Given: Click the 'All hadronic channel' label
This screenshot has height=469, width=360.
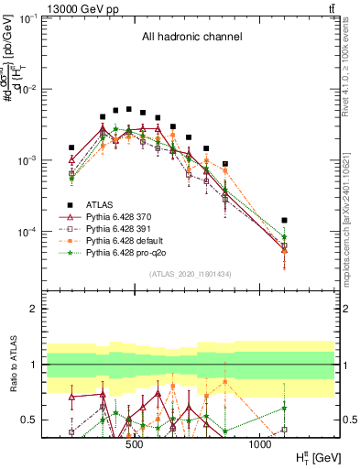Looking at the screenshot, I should point(191,38).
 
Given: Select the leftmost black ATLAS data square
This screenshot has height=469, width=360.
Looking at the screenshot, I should point(71,147).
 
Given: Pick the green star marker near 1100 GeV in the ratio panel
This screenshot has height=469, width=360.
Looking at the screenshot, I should point(284,409).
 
